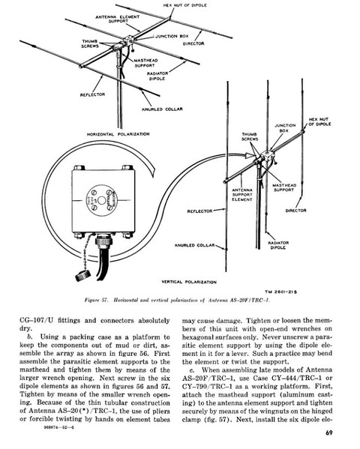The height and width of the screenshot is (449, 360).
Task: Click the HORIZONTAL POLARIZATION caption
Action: [118, 134]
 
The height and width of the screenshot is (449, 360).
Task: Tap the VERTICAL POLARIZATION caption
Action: [189, 282]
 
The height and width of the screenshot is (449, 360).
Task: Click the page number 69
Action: [329, 433]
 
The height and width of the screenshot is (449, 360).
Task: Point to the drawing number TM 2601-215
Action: [280, 292]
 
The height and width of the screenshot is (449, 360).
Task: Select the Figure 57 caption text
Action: [177, 301]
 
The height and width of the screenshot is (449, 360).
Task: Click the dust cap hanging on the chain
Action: [82, 275]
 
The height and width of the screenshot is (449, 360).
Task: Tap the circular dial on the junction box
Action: [102, 200]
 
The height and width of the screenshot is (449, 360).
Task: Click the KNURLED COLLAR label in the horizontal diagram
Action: [162, 109]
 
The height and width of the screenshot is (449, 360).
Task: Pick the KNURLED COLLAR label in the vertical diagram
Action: [194, 245]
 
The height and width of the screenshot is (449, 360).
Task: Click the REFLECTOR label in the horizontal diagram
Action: [92, 94]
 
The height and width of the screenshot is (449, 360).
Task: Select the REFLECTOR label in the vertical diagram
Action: [199, 211]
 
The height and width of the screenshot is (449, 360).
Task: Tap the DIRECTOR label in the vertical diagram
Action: [295, 211]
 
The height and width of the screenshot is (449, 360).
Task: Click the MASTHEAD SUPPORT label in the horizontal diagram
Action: [145, 63]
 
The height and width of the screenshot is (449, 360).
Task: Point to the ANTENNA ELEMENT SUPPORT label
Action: [118, 19]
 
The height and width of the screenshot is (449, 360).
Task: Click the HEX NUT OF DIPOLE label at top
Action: [184, 5]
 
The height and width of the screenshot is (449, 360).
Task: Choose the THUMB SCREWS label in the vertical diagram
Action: [250, 136]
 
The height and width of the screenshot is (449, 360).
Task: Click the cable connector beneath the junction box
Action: [104, 241]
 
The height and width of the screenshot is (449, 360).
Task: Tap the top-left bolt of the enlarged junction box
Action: [79, 167]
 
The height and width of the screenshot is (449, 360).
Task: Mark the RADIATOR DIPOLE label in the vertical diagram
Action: [278, 245]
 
